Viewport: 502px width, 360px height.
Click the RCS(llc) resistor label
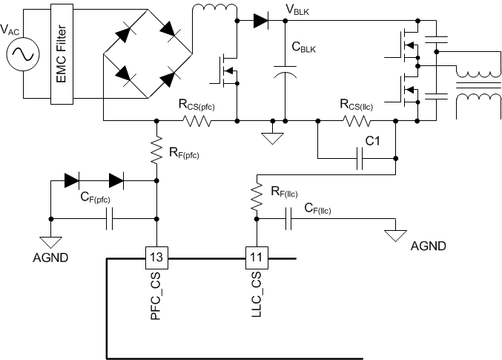pos(356,105)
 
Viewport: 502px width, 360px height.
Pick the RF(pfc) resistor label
pos(183,155)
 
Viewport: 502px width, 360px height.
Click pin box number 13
pos(157,258)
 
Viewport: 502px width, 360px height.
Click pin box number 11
pos(256,258)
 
